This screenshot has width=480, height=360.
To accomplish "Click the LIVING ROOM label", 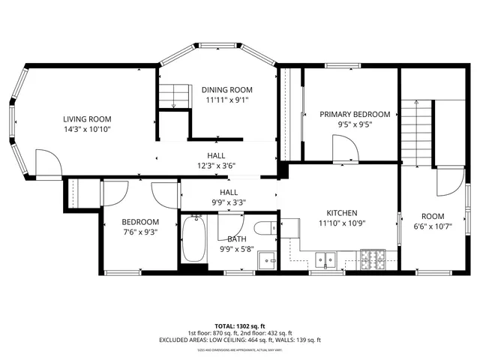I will tap(87, 118).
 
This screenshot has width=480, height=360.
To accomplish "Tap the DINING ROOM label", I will tap(226, 90).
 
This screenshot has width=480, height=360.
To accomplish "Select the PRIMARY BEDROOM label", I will tap(355, 114).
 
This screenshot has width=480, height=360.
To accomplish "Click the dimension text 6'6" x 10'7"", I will tap(432, 226).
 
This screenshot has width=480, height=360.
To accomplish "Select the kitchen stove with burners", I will tap(375, 259).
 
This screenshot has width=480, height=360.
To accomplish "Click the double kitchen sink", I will tap(327, 260).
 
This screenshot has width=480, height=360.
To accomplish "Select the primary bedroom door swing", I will tap(346, 149).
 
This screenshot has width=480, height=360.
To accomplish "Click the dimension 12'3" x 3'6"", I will tap(217, 166).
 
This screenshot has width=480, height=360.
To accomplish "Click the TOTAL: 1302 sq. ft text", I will tap(239, 326).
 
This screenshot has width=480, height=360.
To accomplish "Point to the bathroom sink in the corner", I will tap(266, 260).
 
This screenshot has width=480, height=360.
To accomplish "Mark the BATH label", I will tap(237, 238).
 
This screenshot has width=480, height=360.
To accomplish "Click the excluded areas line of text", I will tap(239, 340).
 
